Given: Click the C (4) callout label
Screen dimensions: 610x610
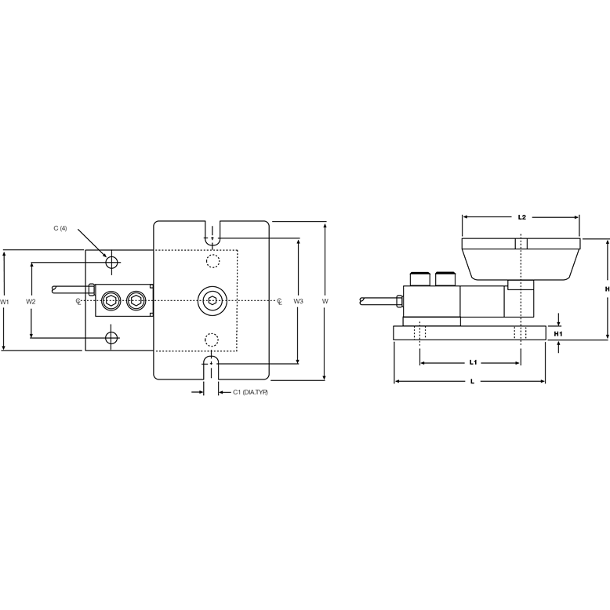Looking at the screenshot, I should coord(60,228).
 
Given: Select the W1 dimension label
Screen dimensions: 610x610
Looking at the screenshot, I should coord(5,301).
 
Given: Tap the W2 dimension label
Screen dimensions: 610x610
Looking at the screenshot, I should coord(31,301).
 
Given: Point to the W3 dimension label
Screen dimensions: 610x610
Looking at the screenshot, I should coord(298,301).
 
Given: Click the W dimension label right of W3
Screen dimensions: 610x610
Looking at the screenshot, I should coord(325,301).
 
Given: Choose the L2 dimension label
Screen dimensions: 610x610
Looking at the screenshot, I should coord(521,216).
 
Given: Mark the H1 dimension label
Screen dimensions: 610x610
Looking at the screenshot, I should coord(557,334).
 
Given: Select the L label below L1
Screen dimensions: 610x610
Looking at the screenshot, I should coord(470,380).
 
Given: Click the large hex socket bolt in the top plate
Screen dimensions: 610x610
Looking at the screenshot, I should coord(212,300).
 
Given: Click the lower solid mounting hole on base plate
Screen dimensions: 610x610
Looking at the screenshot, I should coord(112,338).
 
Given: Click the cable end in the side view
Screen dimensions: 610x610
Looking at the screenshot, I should coord(363,300).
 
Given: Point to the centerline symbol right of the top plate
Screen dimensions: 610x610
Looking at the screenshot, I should coord(279,300).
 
